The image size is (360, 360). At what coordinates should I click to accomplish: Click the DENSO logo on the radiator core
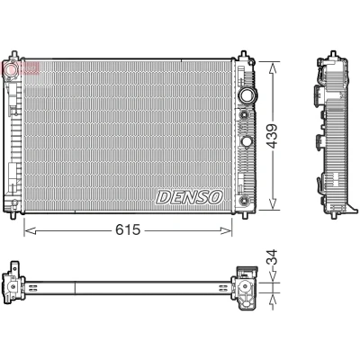tap(190, 197)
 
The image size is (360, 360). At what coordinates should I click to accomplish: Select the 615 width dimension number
tap(128, 230)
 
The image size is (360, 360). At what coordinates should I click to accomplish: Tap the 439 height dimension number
tap(273, 136)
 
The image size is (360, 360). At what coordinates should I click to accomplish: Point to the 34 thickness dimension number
tap(273, 257)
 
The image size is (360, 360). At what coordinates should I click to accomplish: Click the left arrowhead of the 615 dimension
tap(30, 230)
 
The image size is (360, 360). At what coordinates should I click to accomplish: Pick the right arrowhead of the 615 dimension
tap(226, 230)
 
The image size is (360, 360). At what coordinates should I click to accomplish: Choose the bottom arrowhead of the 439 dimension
tap(273, 203)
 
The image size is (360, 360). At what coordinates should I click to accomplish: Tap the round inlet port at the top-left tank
tap(12, 68)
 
